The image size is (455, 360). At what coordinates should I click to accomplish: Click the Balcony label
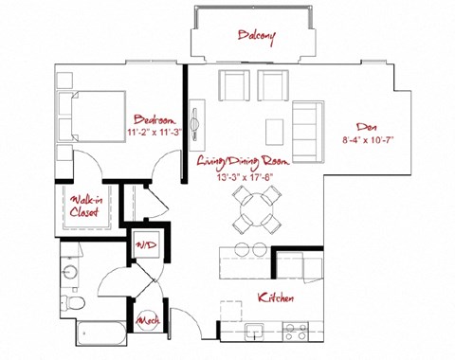coord(256,37)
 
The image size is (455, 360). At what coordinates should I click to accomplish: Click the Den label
coord(366,126)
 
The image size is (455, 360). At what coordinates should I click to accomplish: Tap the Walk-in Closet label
coord(85,206)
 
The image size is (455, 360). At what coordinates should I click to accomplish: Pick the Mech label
coord(147,322)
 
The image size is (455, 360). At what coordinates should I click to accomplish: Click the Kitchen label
coord(275,298)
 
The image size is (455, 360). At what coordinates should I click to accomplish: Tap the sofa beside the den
coord(306,129)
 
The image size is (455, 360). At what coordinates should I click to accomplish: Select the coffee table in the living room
coord(274,128)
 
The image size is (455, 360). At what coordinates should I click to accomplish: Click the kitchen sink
coord(254,331)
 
